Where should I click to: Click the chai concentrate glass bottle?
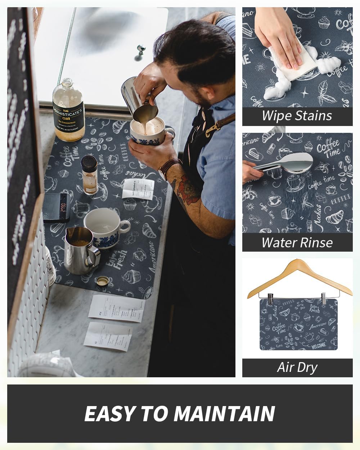tap(68, 112)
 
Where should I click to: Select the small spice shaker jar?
tap(89, 175)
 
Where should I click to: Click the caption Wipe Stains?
tap(297, 116)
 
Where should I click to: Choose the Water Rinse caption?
tap(297, 243)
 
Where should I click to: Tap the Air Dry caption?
tap(297, 368)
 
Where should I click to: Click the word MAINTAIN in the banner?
tap(224, 414)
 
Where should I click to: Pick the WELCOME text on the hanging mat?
tap(319, 346)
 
